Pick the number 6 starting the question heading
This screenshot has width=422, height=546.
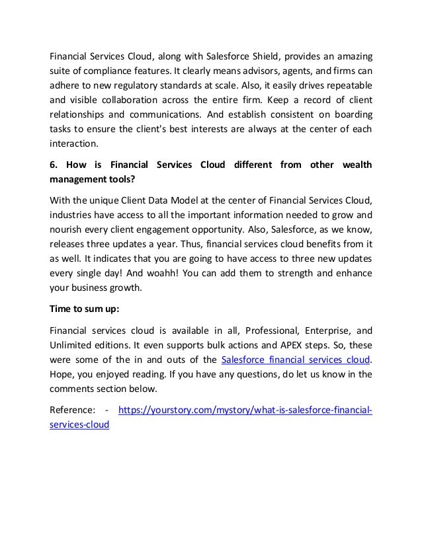[53, 163]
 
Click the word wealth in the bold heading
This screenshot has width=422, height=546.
[354, 163]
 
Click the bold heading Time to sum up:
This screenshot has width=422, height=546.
[82, 309]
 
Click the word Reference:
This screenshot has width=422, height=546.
[71, 412]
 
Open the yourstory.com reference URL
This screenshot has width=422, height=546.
[244, 412]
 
